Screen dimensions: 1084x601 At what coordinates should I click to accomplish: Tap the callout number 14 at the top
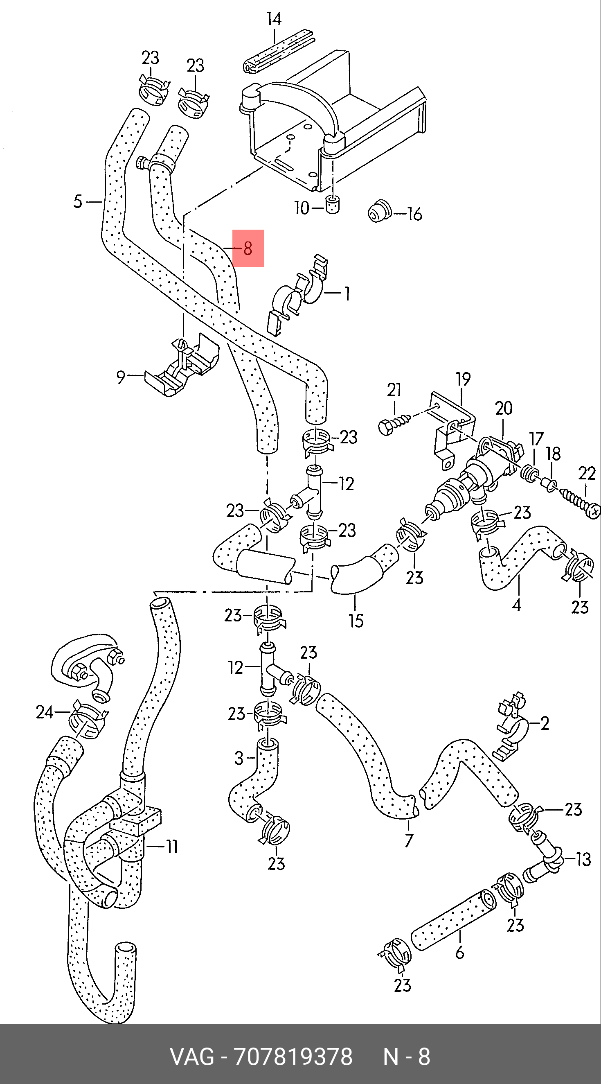coord(274,19)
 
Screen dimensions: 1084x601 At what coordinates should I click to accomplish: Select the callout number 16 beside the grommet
coord(414,214)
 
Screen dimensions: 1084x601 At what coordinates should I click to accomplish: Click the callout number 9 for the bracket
coord(121,377)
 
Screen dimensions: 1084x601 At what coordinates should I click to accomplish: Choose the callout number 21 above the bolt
coord(394,391)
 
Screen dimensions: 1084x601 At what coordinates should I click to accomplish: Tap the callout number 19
coord(463,379)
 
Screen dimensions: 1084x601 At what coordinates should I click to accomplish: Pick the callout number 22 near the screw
coord(587,474)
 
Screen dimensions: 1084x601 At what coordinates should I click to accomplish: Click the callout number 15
coord(356,621)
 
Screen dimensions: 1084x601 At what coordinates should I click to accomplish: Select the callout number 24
coord(45,712)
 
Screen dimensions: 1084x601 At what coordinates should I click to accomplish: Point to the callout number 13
coord(583,859)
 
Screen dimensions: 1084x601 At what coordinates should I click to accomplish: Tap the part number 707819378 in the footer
coord(293,1057)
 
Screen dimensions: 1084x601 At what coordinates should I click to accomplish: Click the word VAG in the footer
coord(191,1057)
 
